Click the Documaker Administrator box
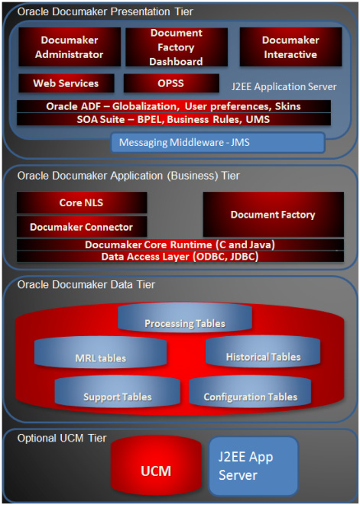[69, 47]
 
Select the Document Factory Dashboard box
[177, 47]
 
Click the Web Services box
[66, 83]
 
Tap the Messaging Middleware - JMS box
[218, 143]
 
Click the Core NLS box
[82, 203]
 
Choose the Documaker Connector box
[82, 227]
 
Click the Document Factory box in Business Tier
[273, 215]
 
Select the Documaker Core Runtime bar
[180, 244]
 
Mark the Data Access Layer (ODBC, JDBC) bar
[180, 257]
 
